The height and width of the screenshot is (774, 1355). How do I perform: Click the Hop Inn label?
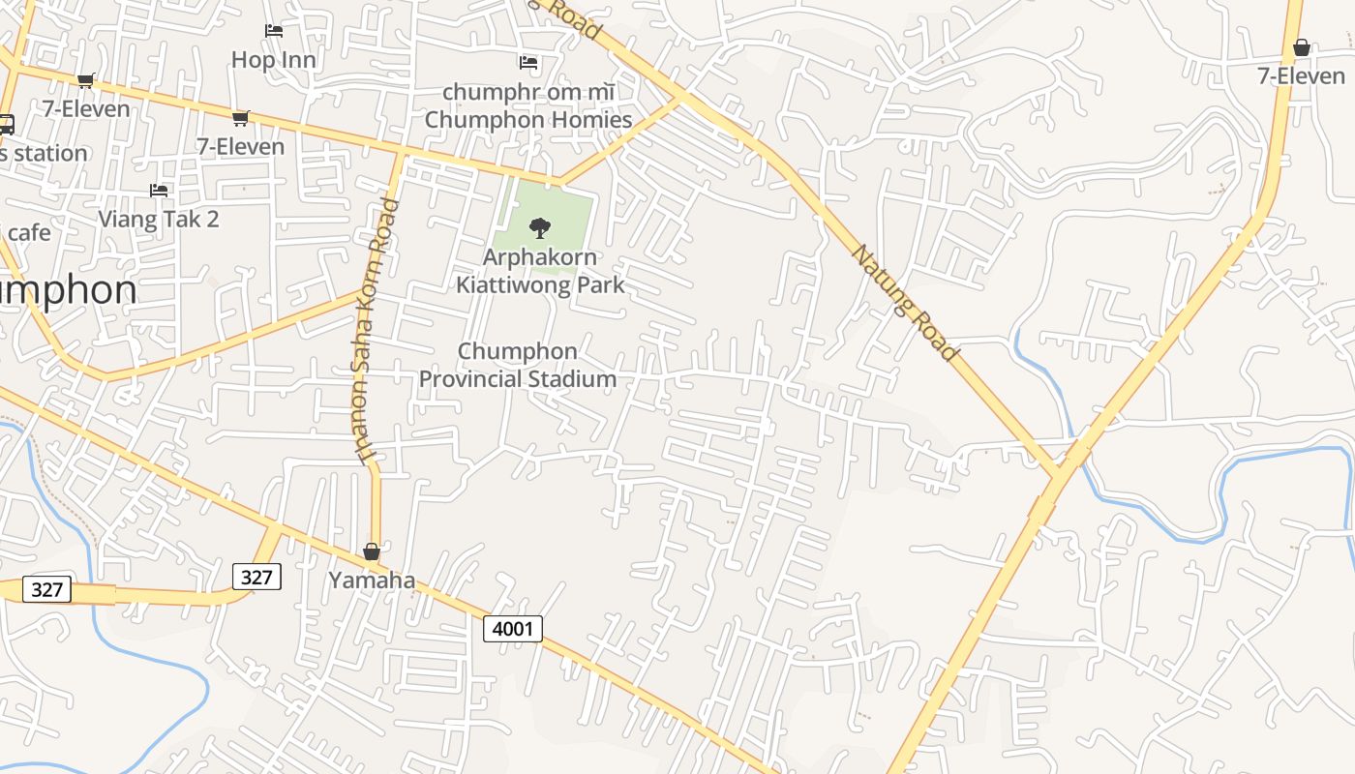(274, 60)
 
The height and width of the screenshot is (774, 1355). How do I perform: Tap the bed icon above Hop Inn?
(274, 31)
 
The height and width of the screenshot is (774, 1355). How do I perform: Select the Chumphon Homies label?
(527, 120)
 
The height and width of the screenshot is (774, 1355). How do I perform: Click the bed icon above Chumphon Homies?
(528, 63)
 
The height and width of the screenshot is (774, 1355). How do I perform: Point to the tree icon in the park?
(540, 228)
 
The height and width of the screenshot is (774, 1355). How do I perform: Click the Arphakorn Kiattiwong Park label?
(540, 272)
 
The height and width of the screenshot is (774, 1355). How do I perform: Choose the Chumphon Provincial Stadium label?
(517, 365)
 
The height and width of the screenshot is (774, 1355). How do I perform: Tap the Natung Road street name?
(904, 302)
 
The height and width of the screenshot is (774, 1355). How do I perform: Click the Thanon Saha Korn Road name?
(376, 331)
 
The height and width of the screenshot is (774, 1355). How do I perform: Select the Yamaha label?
(372, 580)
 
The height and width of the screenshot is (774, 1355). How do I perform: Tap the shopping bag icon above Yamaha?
(372, 551)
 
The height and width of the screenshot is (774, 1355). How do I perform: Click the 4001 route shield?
(513, 629)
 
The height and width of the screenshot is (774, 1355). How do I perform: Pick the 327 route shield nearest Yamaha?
(256, 577)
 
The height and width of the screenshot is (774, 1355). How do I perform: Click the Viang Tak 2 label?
(159, 219)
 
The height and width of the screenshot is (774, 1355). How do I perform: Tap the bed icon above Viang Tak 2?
(159, 191)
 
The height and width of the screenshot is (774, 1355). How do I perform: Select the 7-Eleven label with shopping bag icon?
(1302, 75)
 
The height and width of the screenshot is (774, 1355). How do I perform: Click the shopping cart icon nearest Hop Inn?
(240, 118)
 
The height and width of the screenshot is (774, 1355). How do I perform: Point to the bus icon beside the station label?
(6, 124)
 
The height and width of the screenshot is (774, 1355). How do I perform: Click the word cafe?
(28, 232)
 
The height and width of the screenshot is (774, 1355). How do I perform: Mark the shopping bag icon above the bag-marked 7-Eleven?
(1302, 46)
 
